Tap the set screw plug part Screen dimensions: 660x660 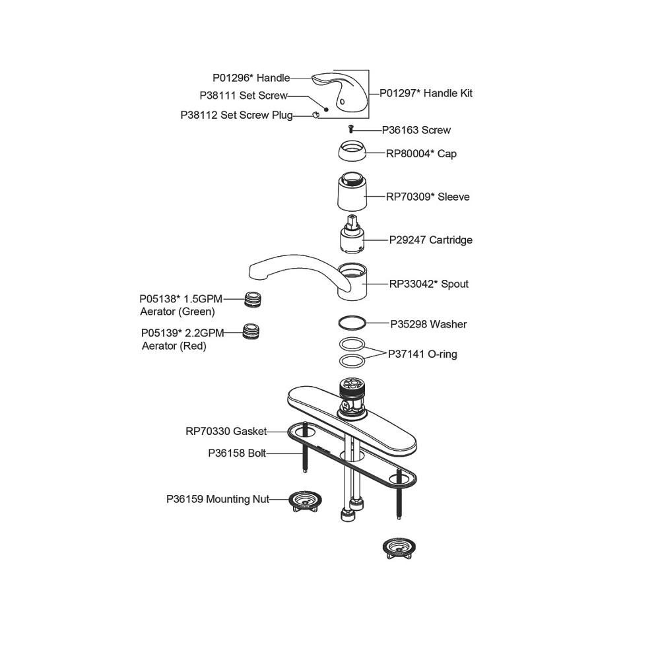pyautogui.click(x=315, y=115)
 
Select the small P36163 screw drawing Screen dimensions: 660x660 pyautogui.click(x=351, y=130)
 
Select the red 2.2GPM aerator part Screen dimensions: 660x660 pyautogui.click(x=250, y=331)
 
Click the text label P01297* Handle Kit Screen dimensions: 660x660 pyautogui.click(x=426, y=93)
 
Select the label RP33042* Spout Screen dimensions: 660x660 pyautogui.click(x=428, y=284)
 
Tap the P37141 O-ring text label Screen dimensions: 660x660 pyautogui.click(x=422, y=354)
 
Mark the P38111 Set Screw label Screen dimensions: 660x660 pyautogui.click(x=244, y=96)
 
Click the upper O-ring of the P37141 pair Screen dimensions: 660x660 pyautogui.click(x=351, y=345)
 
